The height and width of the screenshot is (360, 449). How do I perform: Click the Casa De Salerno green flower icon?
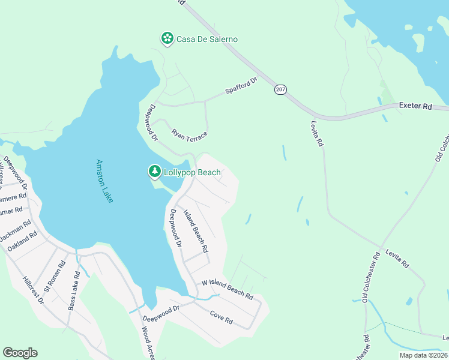167,39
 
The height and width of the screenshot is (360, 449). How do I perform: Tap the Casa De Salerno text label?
206,40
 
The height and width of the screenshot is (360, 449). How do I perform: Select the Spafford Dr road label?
241,85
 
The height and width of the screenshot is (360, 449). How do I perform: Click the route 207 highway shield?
280,89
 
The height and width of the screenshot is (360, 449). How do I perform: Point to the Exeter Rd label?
415,106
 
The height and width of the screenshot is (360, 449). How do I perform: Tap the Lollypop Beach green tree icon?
155,172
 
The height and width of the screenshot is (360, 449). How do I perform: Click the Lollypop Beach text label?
192,173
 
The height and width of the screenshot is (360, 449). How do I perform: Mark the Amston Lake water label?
104,181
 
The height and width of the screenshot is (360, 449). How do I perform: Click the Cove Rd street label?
221,317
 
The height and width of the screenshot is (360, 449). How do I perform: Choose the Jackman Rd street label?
16,231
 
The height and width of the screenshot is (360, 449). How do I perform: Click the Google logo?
20,353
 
